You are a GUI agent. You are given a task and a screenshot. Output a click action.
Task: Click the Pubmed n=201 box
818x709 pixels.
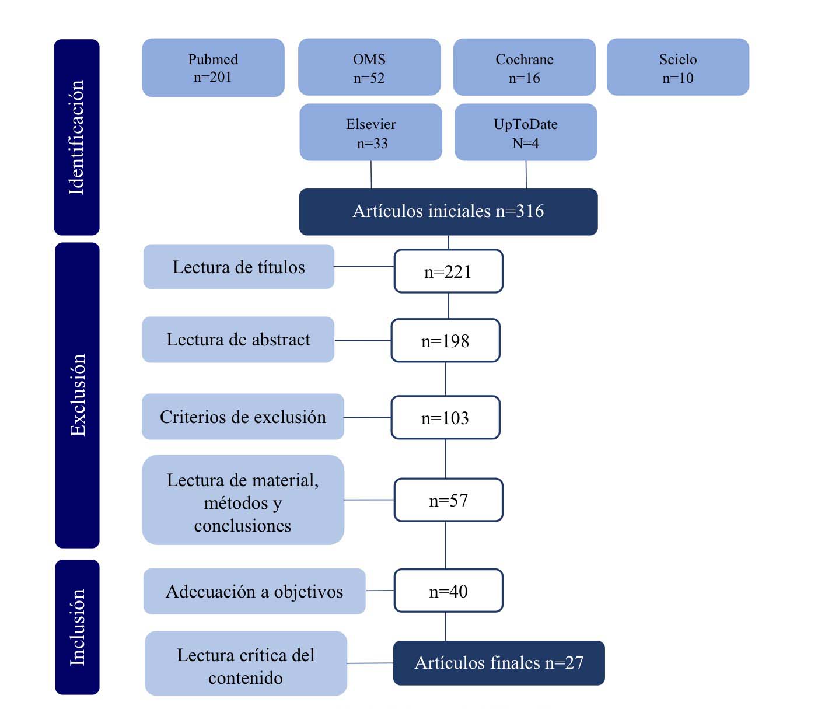point(213,68)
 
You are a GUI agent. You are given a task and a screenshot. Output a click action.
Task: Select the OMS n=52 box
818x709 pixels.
point(369,67)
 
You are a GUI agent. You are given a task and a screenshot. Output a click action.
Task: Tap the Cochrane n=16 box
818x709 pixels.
point(524,67)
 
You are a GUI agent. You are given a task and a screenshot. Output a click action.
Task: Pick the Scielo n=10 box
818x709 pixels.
point(677,67)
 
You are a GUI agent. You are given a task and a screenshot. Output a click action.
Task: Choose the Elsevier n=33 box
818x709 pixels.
point(370,132)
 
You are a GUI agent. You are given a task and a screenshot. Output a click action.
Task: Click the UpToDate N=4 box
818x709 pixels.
point(525,132)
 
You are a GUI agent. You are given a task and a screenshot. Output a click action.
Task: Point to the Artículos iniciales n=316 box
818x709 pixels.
point(448,211)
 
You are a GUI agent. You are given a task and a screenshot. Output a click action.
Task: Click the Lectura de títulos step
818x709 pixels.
point(239,267)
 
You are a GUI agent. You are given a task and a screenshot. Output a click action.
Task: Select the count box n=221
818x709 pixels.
point(448,271)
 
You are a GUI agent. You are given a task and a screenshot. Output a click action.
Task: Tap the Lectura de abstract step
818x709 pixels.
point(238,340)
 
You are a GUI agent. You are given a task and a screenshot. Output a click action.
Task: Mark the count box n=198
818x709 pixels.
point(445,341)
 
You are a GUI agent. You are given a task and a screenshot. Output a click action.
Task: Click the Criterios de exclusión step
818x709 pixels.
point(243,417)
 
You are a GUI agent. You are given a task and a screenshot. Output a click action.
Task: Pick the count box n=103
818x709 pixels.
point(445,418)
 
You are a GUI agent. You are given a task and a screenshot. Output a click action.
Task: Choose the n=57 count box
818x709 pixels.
point(448,500)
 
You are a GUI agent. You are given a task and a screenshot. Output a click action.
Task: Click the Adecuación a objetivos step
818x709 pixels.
point(254,591)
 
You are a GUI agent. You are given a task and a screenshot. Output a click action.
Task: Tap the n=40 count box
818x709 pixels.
point(448,591)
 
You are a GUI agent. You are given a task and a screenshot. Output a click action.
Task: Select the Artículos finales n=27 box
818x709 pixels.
point(499,663)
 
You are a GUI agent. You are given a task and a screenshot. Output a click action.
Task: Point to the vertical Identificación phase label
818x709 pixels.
point(77,137)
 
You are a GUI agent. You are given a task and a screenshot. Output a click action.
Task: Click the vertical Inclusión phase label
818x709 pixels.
point(77,627)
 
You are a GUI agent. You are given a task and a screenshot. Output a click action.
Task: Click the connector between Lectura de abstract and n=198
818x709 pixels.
point(362,340)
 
